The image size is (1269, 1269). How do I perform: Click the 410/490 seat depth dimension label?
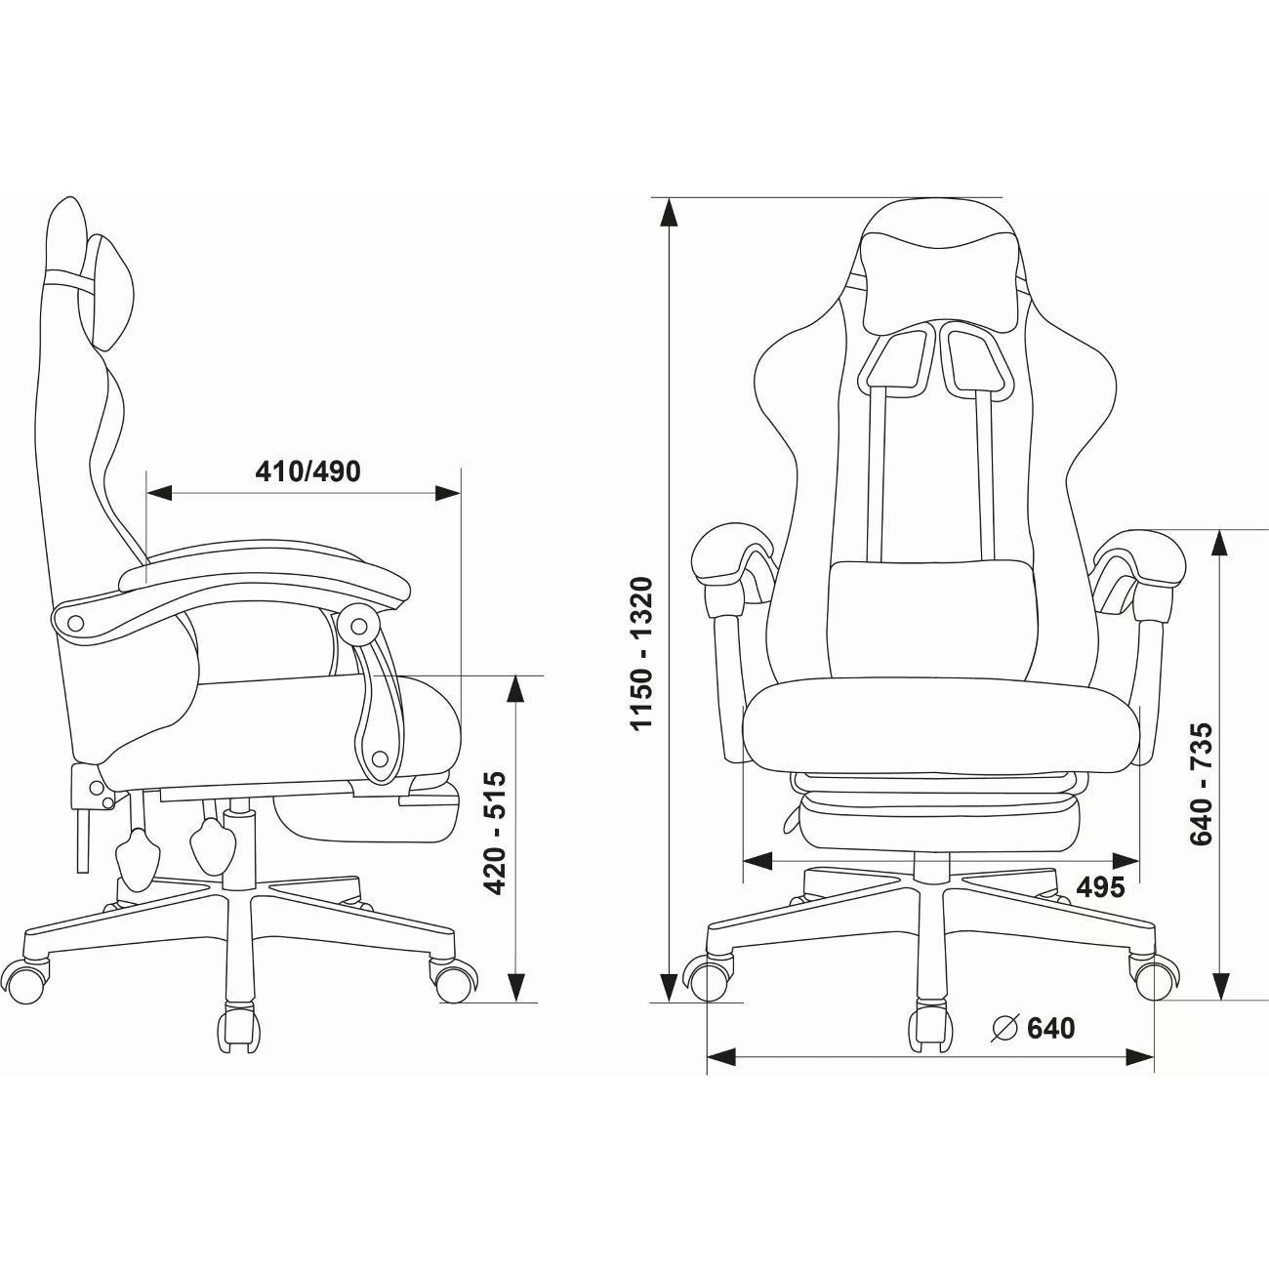(308, 471)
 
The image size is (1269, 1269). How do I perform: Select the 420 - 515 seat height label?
(495, 833)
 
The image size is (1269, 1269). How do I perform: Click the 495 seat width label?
(1100, 887)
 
